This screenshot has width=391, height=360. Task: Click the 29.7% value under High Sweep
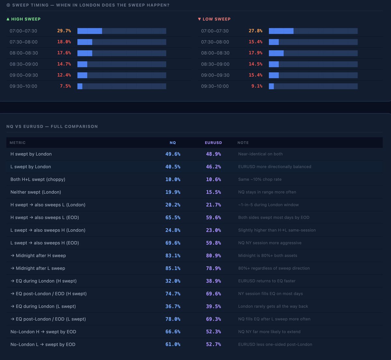click(64, 31)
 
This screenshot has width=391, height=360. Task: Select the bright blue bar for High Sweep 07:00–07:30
click(90, 31)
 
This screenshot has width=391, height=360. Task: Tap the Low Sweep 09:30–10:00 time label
click(215, 86)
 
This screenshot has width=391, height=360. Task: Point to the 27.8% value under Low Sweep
click(255, 31)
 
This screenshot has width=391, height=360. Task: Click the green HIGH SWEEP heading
click(23, 19)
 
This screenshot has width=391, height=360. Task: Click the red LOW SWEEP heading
click(214, 19)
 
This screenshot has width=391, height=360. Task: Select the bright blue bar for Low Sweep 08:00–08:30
click(276, 53)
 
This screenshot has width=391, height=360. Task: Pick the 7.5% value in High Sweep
click(65, 86)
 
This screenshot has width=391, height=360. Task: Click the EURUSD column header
click(213, 143)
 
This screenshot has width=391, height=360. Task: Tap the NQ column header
click(173, 143)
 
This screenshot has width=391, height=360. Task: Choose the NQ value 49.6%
click(173, 154)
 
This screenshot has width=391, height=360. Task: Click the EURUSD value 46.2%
click(213, 167)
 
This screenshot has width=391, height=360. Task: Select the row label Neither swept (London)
click(36, 192)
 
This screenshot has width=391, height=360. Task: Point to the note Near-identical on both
click(260, 154)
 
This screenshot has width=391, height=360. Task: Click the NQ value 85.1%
click(173, 268)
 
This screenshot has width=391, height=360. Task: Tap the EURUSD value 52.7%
click(213, 344)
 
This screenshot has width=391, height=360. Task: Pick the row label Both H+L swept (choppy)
click(38, 179)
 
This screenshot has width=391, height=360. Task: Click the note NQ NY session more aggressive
click(270, 243)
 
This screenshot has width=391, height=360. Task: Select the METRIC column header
click(18, 143)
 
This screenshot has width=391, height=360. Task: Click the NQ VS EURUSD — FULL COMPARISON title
click(52, 126)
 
